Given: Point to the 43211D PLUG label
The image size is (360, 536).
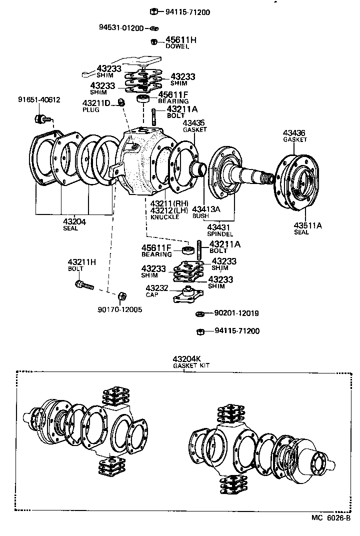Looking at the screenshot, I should (x=96, y=106).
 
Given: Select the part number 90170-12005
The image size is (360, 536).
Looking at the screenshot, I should (x=119, y=309).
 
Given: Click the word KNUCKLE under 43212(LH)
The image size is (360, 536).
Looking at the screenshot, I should (x=164, y=218).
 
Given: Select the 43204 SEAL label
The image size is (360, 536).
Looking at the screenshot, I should (x=73, y=224).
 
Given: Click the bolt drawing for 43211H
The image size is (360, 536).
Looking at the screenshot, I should (x=84, y=285).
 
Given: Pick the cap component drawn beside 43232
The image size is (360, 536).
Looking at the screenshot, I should (x=187, y=295).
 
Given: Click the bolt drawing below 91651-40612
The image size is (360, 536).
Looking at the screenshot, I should (x=40, y=119).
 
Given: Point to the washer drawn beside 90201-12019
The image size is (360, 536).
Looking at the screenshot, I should (x=198, y=313).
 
